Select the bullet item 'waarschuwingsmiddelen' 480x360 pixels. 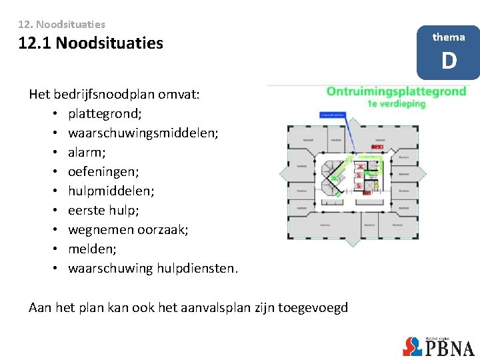(143, 133)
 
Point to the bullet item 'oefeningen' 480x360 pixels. (103, 172)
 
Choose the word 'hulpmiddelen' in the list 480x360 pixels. (111, 191)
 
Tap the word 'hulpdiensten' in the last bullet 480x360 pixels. (197, 269)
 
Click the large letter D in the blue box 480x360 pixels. (449, 61)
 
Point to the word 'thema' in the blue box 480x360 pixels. (449, 37)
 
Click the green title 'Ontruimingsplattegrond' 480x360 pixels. (396, 91)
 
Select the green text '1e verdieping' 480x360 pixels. (396, 103)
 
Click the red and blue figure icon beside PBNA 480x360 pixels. (413, 347)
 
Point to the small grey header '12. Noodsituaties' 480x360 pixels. (62, 24)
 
